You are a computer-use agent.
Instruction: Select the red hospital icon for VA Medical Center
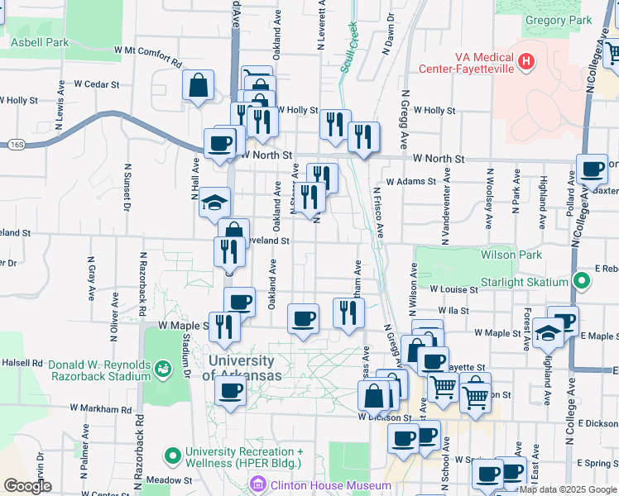point(525,62)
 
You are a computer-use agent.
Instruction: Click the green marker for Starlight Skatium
point(582,282)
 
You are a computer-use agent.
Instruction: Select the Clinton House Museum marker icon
point(258,485)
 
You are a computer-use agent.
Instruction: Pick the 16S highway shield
point(17,144)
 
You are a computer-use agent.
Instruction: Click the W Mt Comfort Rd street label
point(148,55)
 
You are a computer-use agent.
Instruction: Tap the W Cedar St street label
point(97,83)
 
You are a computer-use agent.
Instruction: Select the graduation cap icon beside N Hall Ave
point(214,203)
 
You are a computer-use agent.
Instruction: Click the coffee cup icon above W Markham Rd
point(229,391)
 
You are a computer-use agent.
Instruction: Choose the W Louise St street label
point(453,290)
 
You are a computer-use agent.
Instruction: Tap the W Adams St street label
point(410,181)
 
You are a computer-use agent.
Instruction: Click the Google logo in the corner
point(27,486)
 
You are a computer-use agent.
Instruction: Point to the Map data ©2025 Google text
point(569,489)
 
